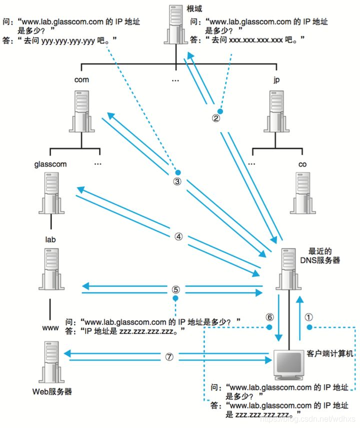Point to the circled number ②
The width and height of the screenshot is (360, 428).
[x=216, y=119]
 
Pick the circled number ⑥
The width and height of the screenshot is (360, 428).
[x=269, y=316]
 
